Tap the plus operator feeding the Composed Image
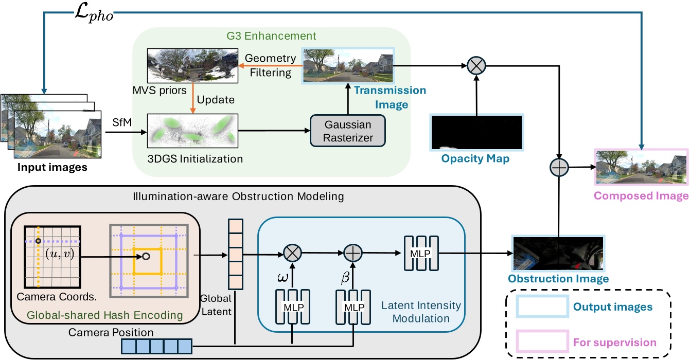558,168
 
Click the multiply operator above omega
293,254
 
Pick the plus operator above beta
353,254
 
